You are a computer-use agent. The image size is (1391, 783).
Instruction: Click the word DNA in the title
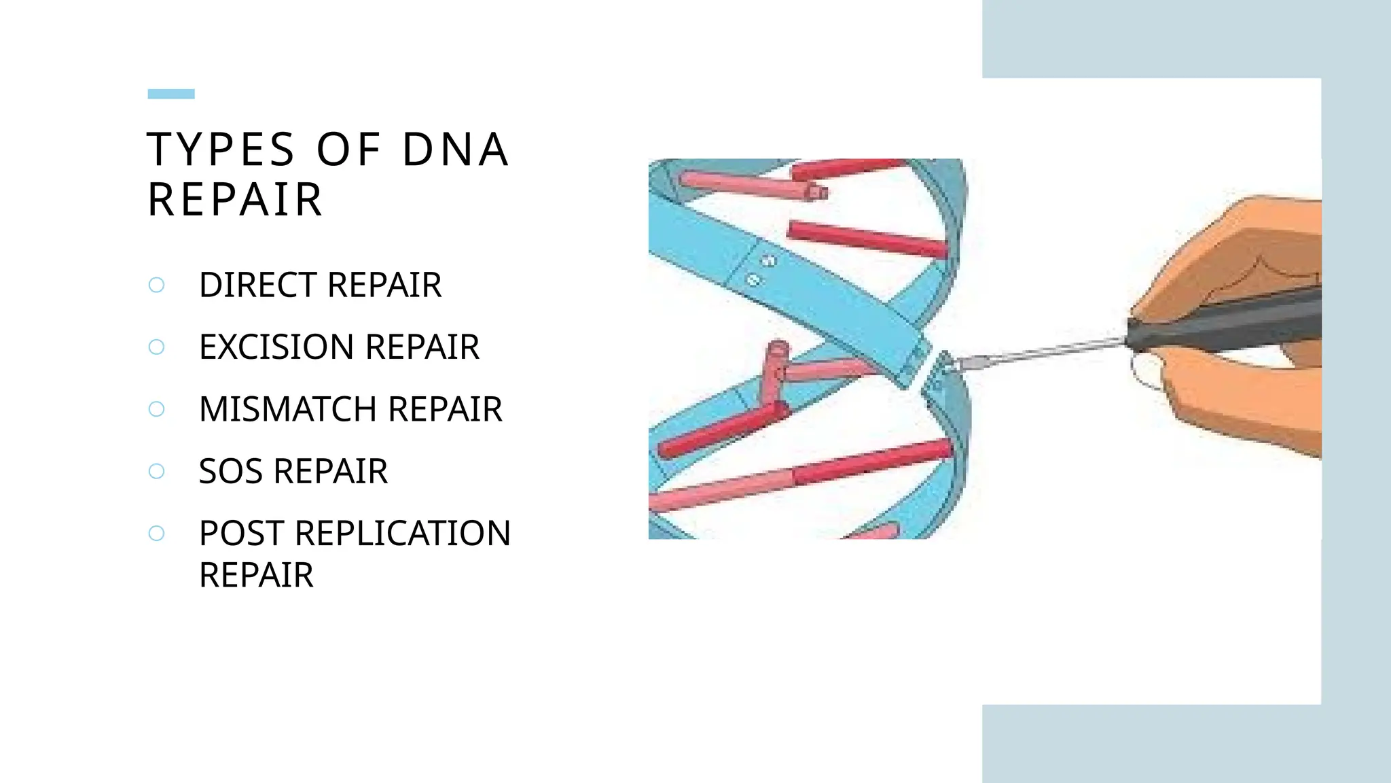click(x=455, y=150)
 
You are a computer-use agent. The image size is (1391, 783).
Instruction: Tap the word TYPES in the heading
click(x=221, y=150)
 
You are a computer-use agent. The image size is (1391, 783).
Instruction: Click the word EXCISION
click(x=276, y=347)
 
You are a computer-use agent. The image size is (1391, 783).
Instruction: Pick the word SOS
click(x=230, y=472)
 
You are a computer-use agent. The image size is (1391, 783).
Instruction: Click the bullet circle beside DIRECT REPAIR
click(x=156, y=285)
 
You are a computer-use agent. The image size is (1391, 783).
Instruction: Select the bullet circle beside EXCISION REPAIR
click(x=156, y=347)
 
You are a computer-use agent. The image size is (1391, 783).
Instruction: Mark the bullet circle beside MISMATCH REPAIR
click(x=156, y=409)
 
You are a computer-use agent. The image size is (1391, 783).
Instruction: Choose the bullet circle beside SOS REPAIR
click(x=156, y=472)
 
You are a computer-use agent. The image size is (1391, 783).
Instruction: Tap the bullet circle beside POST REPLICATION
click(x=156, y=534)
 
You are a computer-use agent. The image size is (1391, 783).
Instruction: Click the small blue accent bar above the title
click(x=171, y=94)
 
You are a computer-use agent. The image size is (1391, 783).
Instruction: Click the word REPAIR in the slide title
click(x=235, y=200)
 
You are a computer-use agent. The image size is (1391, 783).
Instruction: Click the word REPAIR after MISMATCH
click(x=445, y=409)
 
